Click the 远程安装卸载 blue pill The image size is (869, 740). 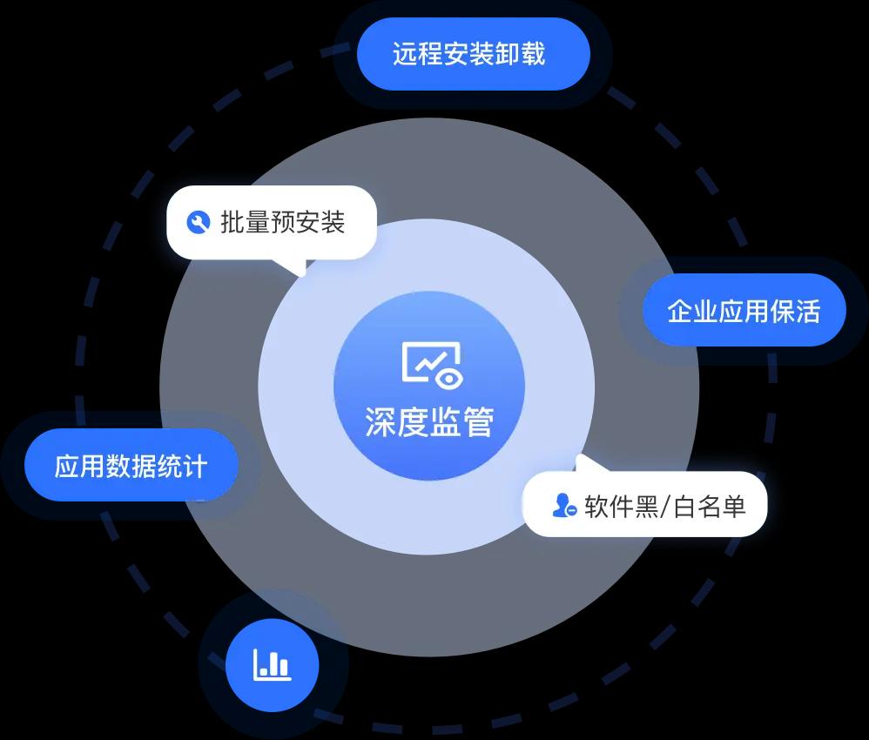(474, 54)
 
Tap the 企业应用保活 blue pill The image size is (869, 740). (744, 310)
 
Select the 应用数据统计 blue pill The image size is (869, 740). (131, 465)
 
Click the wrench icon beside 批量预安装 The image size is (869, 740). (198, 222)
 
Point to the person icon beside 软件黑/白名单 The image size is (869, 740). (564, 505)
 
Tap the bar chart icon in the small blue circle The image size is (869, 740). (273, 664)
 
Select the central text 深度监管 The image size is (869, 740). (429, 422)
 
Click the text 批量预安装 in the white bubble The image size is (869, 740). (283, 222)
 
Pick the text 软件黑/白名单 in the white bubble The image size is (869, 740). (665, 506)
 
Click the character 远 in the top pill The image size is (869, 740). (405, 54)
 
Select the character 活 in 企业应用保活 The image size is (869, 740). (807, 311)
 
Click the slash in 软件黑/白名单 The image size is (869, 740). (665, 506)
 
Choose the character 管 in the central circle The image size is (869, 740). (479, 422)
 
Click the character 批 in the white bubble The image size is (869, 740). (232, 222)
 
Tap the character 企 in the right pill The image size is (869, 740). (679, 311)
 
